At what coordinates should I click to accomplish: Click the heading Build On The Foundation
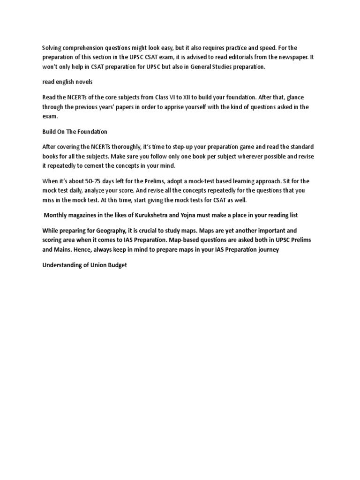pyautogui.click(x=75, y=132)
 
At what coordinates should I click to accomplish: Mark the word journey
pyautogui.click(x=267, y=249)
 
